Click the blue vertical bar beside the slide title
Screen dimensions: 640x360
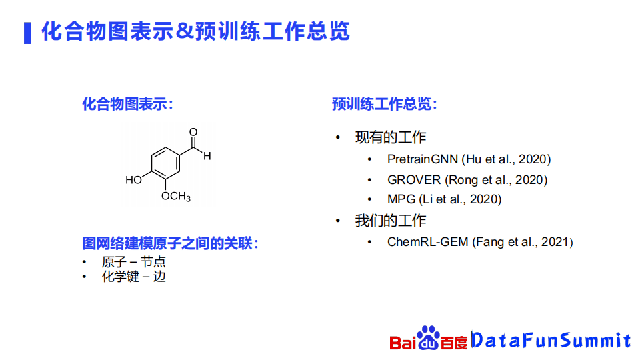point(28,33)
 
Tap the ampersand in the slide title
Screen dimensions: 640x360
point(185,31)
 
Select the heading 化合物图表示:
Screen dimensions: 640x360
point(128,104)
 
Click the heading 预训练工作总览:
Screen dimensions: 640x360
point(385,104)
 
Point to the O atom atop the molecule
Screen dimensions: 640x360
point(193,132)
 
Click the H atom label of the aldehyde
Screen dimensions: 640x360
point(207,156)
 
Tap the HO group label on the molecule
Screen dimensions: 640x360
point(133,180)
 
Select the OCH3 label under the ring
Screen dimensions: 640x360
point(176,197)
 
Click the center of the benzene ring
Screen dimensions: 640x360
point(166,163)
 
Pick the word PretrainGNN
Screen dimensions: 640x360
point(423,159)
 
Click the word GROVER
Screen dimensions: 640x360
point(414,180)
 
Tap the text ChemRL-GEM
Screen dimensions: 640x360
point(428,242)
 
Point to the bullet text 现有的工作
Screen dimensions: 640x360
point(391,137)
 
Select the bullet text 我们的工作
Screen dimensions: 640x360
point(391,221)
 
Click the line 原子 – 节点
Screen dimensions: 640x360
point(134,261)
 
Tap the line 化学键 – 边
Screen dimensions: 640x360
point(134,277)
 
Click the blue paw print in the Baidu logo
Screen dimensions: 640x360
point(428,337)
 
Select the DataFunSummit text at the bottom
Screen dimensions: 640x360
point(551,340)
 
